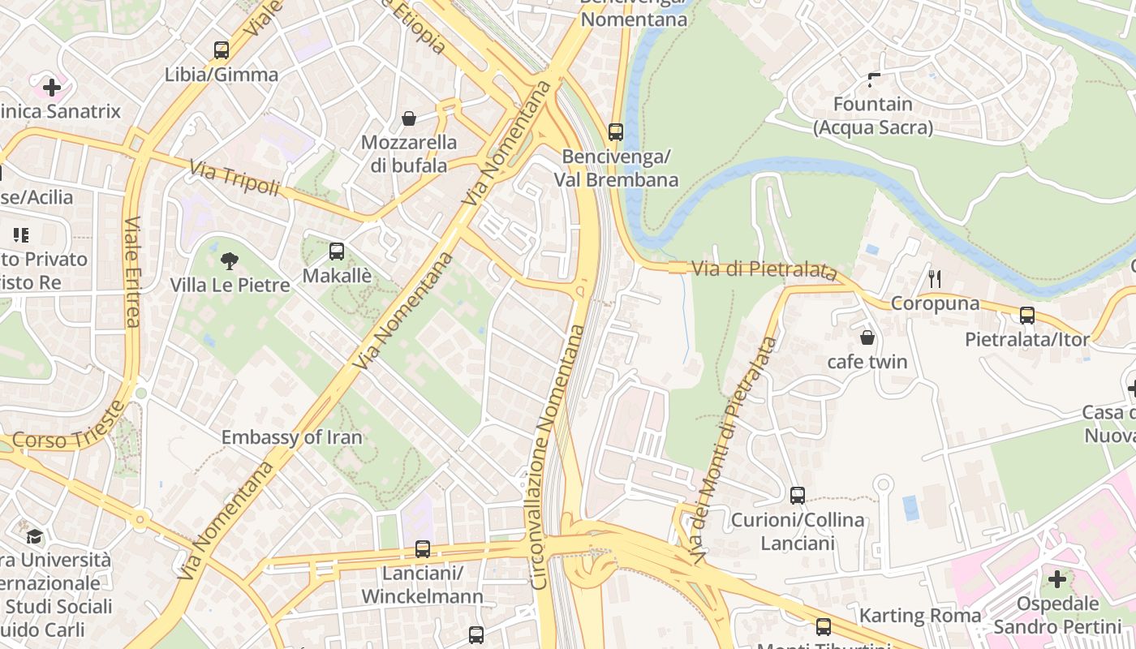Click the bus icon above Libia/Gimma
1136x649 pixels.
pyautogui.click(x=222, y=50)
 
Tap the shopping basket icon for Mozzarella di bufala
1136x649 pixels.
pyautogui.click(x=409, y=118)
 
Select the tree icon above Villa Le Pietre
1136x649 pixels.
pyautogui.click(x=230, y=261)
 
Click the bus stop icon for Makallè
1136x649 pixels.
pyautogui.click(x=337, y=251)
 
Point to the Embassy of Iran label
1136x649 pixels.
pyautogui.click(x=291, y=437)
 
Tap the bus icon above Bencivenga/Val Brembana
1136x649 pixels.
pyautogui.click(x=616, y=132)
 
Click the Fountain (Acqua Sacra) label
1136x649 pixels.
pyautogui.click(x=873, y=116)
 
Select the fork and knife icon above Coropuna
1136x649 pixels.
pyautogui.click(x=935, y=279)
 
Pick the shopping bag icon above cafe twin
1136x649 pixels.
pyautogui.click(x=867, y=337)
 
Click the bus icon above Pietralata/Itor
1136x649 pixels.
pyautogui.click(x=1027, y=316)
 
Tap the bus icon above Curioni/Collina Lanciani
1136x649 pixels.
pyautogui.click(x=798, y=496)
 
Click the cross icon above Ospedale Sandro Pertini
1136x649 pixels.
pyautogui.click(x=1057, y=579)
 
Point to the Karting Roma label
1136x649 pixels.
pyautogui.click(x=920, y=616)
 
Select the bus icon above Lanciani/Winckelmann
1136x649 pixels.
pyautogui.click(x=422, y=549)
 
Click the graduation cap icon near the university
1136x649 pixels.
pyautogui.click(x=34, y=536)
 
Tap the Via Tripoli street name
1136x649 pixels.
pyautogui.click(x=235, y=178)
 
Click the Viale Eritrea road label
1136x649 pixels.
pyautogui.click(x=133, y=272)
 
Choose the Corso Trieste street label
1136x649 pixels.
pyautogui.click(x=69, y=428)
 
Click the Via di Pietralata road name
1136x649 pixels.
pyautogui.click(x=764, y=269)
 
